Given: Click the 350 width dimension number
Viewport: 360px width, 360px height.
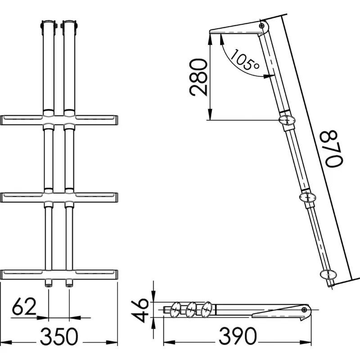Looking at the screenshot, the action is pos(59,336).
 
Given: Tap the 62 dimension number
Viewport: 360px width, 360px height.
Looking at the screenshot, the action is pos(24,306).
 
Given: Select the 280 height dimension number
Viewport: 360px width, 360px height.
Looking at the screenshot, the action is pos(198,77).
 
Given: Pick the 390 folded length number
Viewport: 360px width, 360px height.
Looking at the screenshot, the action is pos(238,336).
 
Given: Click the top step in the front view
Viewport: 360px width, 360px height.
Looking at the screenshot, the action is pos(59,120).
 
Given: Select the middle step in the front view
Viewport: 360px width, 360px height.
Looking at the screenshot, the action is pos(59,198).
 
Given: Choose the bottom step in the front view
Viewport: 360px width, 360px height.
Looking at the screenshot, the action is pos(59,274).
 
